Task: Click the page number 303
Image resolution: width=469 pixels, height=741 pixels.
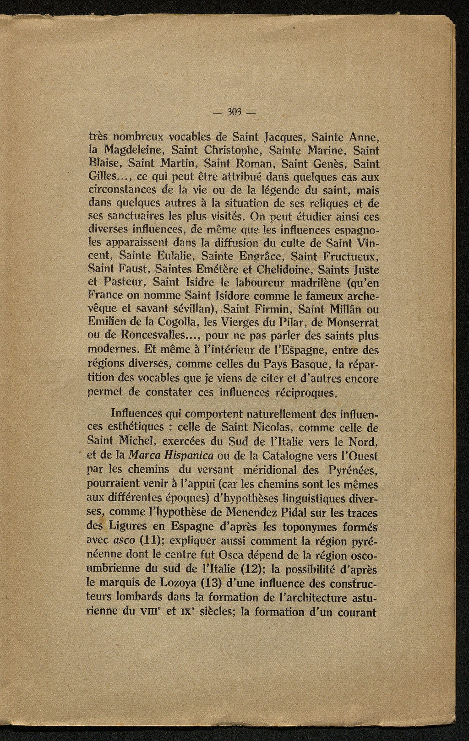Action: click(234, 113)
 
